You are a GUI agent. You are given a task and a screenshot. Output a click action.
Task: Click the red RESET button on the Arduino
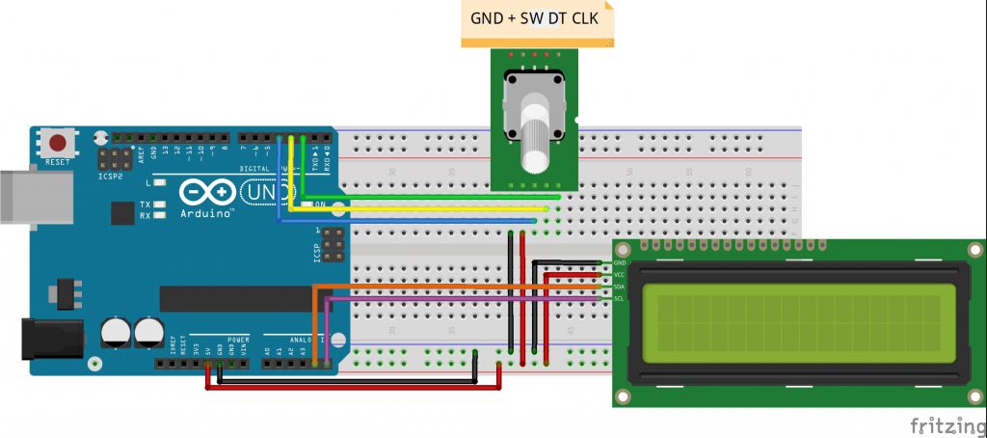click(x=58, y=143)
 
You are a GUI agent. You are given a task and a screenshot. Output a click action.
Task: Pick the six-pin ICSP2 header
click(x=116, y=158)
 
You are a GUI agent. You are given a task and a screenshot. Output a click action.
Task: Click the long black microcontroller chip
click(x=241, y=298)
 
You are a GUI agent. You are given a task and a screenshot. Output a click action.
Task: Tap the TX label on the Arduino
click(x=145, y=205)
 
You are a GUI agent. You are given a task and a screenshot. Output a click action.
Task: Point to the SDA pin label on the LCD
click(x=619, y=287)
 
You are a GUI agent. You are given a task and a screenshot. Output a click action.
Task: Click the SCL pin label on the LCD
click(x=619, y=299)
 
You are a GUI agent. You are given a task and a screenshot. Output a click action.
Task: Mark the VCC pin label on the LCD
click(x=619, y=275)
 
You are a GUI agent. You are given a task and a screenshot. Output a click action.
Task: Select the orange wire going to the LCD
click(x=453, y=287)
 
